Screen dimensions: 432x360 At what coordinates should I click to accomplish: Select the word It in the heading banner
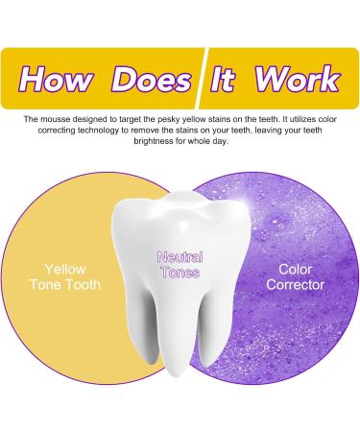[223, 78]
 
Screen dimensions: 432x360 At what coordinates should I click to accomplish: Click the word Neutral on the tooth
[180, 258]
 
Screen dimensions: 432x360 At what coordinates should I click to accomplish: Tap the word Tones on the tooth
[180, 273]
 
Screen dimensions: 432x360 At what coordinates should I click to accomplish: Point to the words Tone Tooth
[68, 285]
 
